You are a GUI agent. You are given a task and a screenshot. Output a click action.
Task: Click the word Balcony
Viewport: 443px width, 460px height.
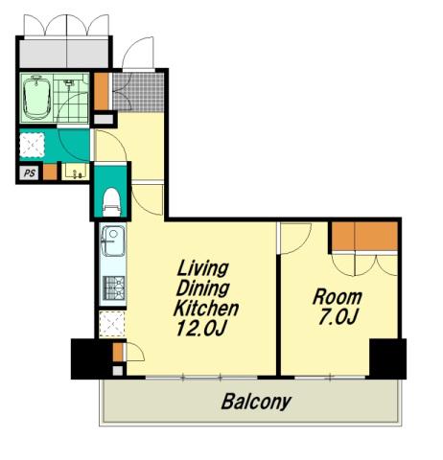coord(256,402)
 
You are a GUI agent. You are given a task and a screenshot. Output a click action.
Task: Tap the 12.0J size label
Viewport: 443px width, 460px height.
coord(201,328)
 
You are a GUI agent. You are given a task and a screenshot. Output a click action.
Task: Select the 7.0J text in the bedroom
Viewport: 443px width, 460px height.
coord(338,316)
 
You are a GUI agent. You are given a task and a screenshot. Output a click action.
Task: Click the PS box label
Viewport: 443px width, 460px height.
coord(30,173)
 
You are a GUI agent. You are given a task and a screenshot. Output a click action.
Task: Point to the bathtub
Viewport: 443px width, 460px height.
coord(35,98)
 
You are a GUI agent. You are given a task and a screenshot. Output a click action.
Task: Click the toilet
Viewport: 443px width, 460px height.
coord(112,202)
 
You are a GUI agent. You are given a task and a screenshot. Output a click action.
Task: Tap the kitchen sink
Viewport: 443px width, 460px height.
coord(113,241)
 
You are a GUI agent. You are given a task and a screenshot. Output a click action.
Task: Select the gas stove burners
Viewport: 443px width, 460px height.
coord(114,288)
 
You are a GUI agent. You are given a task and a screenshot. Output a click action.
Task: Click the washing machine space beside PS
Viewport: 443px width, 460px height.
coord(32,145)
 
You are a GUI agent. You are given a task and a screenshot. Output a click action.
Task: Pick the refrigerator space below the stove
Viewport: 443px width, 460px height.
coord(111,324)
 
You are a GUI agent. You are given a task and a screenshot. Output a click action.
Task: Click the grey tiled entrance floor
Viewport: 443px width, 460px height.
coord(138,92)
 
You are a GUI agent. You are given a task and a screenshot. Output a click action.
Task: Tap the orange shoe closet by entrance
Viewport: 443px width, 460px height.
coord(102,91)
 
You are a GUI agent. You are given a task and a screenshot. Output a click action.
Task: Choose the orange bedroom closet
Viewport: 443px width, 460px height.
coord(364,237)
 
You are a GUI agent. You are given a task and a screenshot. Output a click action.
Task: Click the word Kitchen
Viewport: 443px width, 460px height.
coord(206,309)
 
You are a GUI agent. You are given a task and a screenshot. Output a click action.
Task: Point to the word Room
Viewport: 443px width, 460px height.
coord(338,297)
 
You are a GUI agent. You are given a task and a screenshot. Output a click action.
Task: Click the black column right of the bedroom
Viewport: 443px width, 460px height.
coord(387,358)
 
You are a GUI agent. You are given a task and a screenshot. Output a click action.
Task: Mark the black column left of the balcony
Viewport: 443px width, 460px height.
coord(92,358)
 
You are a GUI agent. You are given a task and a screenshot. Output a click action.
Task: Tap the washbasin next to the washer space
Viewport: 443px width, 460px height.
coord(76,172)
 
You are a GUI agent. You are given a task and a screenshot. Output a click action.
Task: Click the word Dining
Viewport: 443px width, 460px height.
coord(202,288)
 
